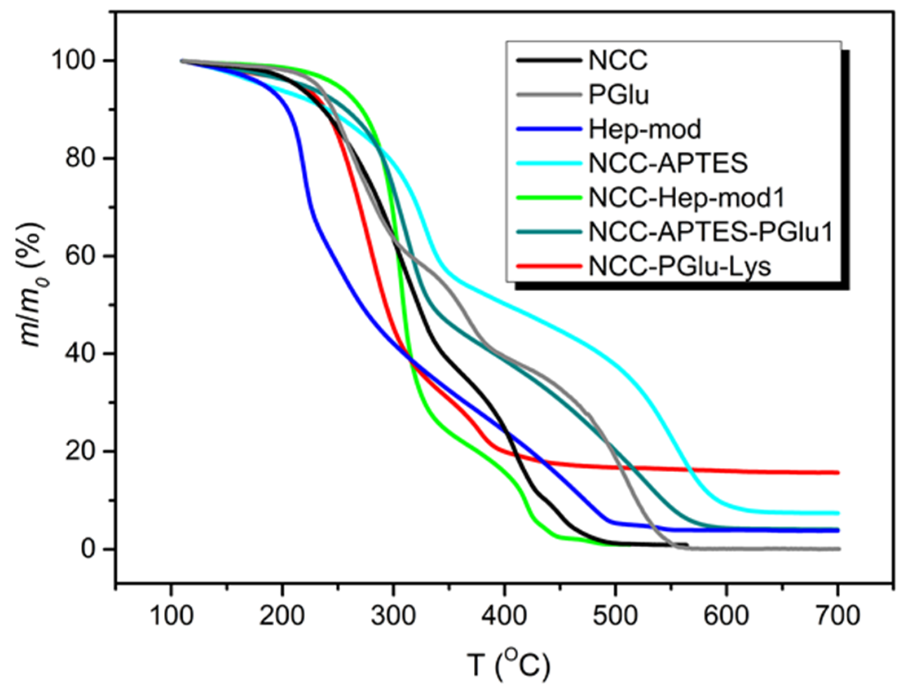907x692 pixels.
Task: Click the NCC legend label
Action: [x=618, y=61]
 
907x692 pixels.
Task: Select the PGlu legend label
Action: [x=619, y=95]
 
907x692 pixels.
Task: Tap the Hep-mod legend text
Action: [x=644, y=129]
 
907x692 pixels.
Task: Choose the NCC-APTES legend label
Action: [x=668, y=163]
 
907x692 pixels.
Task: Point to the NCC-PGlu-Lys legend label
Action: [x=680, y=267]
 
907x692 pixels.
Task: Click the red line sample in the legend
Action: [x=549, y=267]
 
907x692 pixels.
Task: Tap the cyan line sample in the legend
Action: [x=549, y=163]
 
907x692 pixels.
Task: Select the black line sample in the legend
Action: [x=549, y=61]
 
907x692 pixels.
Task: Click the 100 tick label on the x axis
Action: [x=171, y=617]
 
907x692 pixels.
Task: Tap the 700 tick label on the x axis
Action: [x=837, y=617]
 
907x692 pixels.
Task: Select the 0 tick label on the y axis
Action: [x=88, y=549]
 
